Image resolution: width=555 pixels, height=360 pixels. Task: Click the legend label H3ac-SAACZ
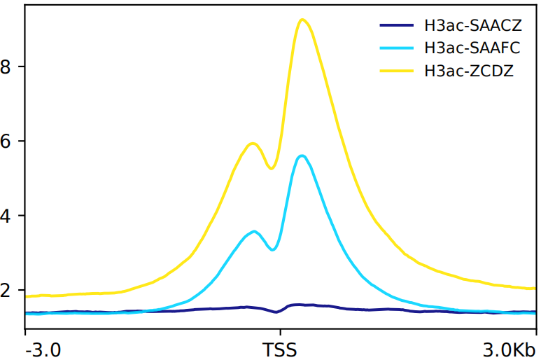pyautogui.click(x=472, y=27)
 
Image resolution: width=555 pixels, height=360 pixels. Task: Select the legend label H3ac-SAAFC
pyautogui.click(x=472, y=48)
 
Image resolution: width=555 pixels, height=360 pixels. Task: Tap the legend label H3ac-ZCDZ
pyautogui.click(x=469, y=71)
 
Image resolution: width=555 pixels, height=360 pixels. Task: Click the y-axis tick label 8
pyautogui.click(x=7, y=67)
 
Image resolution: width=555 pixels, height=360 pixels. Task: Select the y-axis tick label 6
pyautogui.click(x=7, y=141)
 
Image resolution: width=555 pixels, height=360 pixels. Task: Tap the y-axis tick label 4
pyautogui.click(x=7, y=216)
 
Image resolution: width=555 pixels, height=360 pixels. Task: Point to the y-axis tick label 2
pyautogui.click(x=7, y=290)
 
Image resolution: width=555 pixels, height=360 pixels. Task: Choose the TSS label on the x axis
pyautogui.click(x=279, y=349)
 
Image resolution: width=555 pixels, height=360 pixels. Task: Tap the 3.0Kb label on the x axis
pyautogui.click(x=510, y=349)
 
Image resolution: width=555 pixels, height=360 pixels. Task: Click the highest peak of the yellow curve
pyautogui.click(x=302, y=20)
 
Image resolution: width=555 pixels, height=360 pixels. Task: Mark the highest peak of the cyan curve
pyautogui.click(x=302, y=155)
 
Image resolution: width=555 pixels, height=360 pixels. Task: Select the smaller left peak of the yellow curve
pyautogui.click(x=253, y=144)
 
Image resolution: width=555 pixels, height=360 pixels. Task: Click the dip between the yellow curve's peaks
pyautogui.click(x=272, y=168)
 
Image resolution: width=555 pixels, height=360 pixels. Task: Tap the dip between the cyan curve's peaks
pyautogui.click(x=273, y=249)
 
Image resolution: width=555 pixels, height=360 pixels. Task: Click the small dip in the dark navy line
pyautogui.click(x=278, y=312)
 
